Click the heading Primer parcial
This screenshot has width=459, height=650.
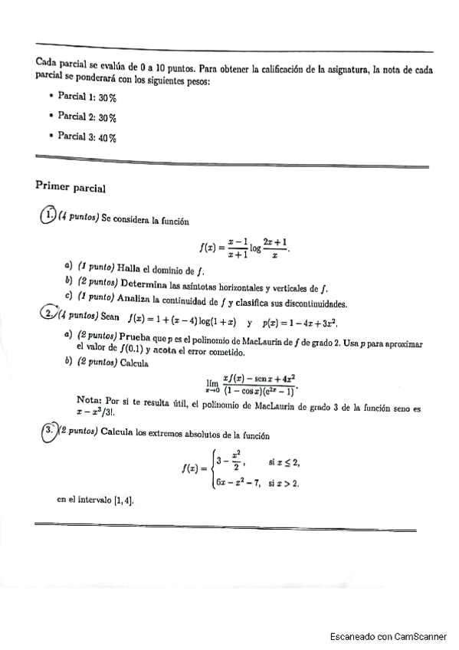coord(70,186)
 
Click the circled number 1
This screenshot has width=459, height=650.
coord(48,216)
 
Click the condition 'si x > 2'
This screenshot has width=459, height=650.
coord(284,483)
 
